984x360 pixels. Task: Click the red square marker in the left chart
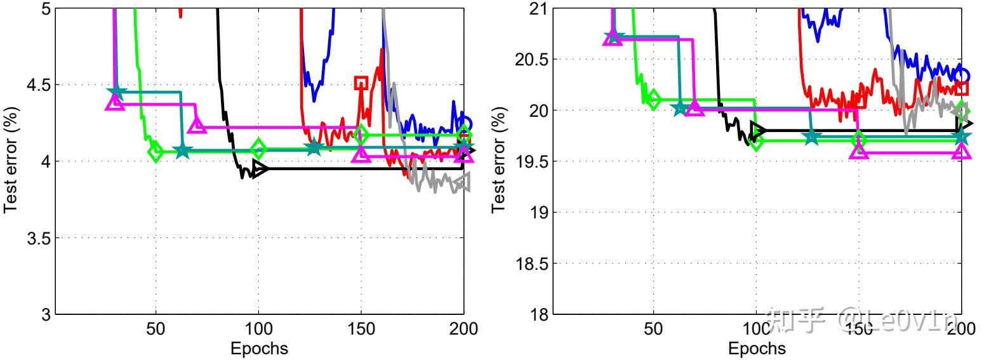(361, 82)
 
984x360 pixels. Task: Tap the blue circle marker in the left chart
(465, 124)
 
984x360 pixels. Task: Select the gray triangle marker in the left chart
(463, 182)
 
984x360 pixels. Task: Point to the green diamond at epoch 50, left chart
(156, 152)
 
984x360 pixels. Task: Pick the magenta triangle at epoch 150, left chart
(361, 154)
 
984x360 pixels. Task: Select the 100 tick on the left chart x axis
(258, 329)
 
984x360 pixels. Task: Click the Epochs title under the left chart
(259, 349)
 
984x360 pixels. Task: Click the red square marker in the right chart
(962, 88)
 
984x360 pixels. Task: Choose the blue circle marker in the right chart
(962, 76)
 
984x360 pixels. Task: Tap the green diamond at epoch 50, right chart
(654, 99)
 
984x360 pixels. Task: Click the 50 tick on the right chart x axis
(653, 329)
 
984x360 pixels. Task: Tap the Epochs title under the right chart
(757, 349)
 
